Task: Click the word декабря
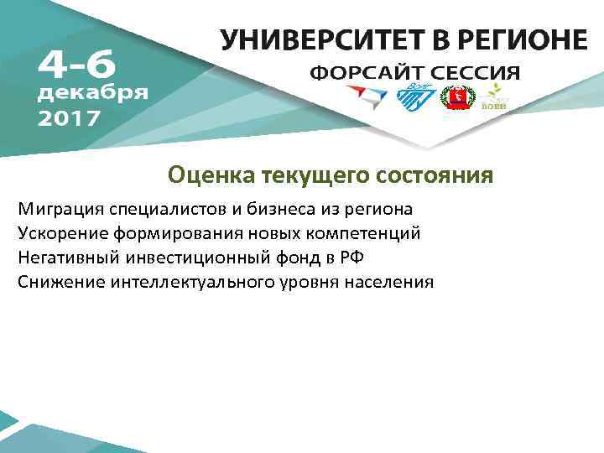point(93,92)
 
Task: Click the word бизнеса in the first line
point(279,208)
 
